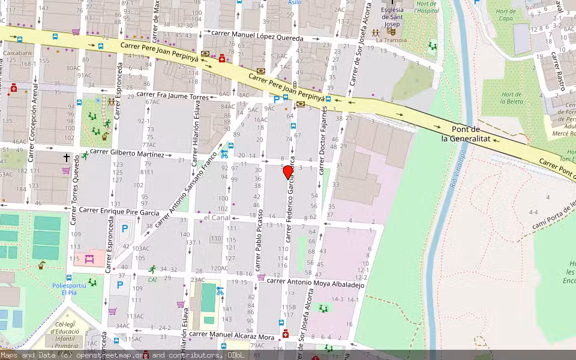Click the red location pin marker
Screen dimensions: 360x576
pyautogui.click(x=288, y=172)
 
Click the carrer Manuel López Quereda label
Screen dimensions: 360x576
pyautogui.click(x=259, y=38)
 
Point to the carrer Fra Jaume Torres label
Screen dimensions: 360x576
pyautogui.click(x=173, y=95)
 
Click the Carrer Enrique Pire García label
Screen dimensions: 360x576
pyautogui.click(x=119, y=211)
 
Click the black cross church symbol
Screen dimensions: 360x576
pyautogui.click(x=67, y=158)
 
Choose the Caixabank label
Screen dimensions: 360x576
pyautogui.click(x=17, y=53)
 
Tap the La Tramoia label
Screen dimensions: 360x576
pyautogui.click(x=388, y=40)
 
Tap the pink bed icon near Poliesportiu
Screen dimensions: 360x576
pyautogui.click(x=89, y=259)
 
